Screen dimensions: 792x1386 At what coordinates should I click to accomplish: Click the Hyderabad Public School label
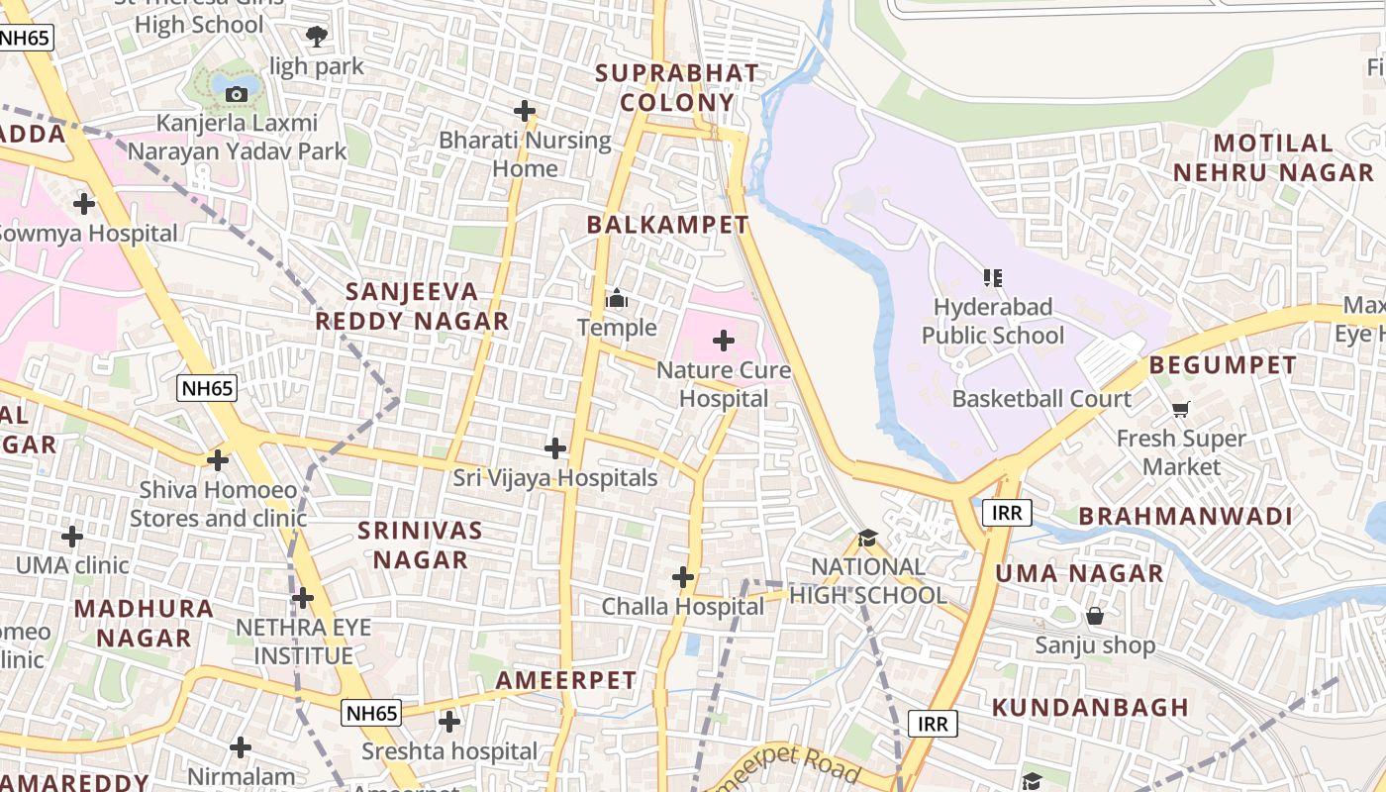(x=993, y=322)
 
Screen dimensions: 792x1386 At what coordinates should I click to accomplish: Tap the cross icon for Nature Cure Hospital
(x=724, y=341)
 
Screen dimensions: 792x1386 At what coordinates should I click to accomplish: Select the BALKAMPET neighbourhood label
(x=667, y=225)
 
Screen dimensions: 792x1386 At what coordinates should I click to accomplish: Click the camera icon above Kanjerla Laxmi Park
(x=237, y=94)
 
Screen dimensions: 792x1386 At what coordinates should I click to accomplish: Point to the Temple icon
(x=617, y=298)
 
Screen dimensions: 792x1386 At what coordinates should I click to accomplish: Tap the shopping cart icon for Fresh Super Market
(x=1180, y=408)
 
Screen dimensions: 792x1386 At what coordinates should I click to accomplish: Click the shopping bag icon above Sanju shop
(x=1095, y=616)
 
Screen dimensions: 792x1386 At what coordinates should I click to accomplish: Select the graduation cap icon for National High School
(x=868, y=538)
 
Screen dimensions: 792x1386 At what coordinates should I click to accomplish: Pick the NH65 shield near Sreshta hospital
(x=371, y=712)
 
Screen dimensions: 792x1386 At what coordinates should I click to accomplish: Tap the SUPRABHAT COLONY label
(x=677, y=87)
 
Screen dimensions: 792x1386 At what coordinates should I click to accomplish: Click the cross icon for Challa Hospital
(x=682, y=576)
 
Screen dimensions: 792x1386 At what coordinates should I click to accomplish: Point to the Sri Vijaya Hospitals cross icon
(x=555, y=448)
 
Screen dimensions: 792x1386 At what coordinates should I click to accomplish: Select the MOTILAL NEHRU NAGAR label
(x=1273, y=157)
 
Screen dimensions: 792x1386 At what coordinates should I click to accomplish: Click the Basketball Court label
(x=1041, y=399)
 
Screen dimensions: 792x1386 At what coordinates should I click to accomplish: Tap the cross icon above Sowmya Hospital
(x=84, y=204)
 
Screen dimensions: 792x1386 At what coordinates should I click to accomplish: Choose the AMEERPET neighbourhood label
(x=565, y=680)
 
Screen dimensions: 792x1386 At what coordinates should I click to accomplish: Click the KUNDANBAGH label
(x=1090, y=707)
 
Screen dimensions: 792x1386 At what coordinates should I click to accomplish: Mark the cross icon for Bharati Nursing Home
(x=525, y=111)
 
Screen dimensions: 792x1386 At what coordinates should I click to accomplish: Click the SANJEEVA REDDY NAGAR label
(x=412, y=306)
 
